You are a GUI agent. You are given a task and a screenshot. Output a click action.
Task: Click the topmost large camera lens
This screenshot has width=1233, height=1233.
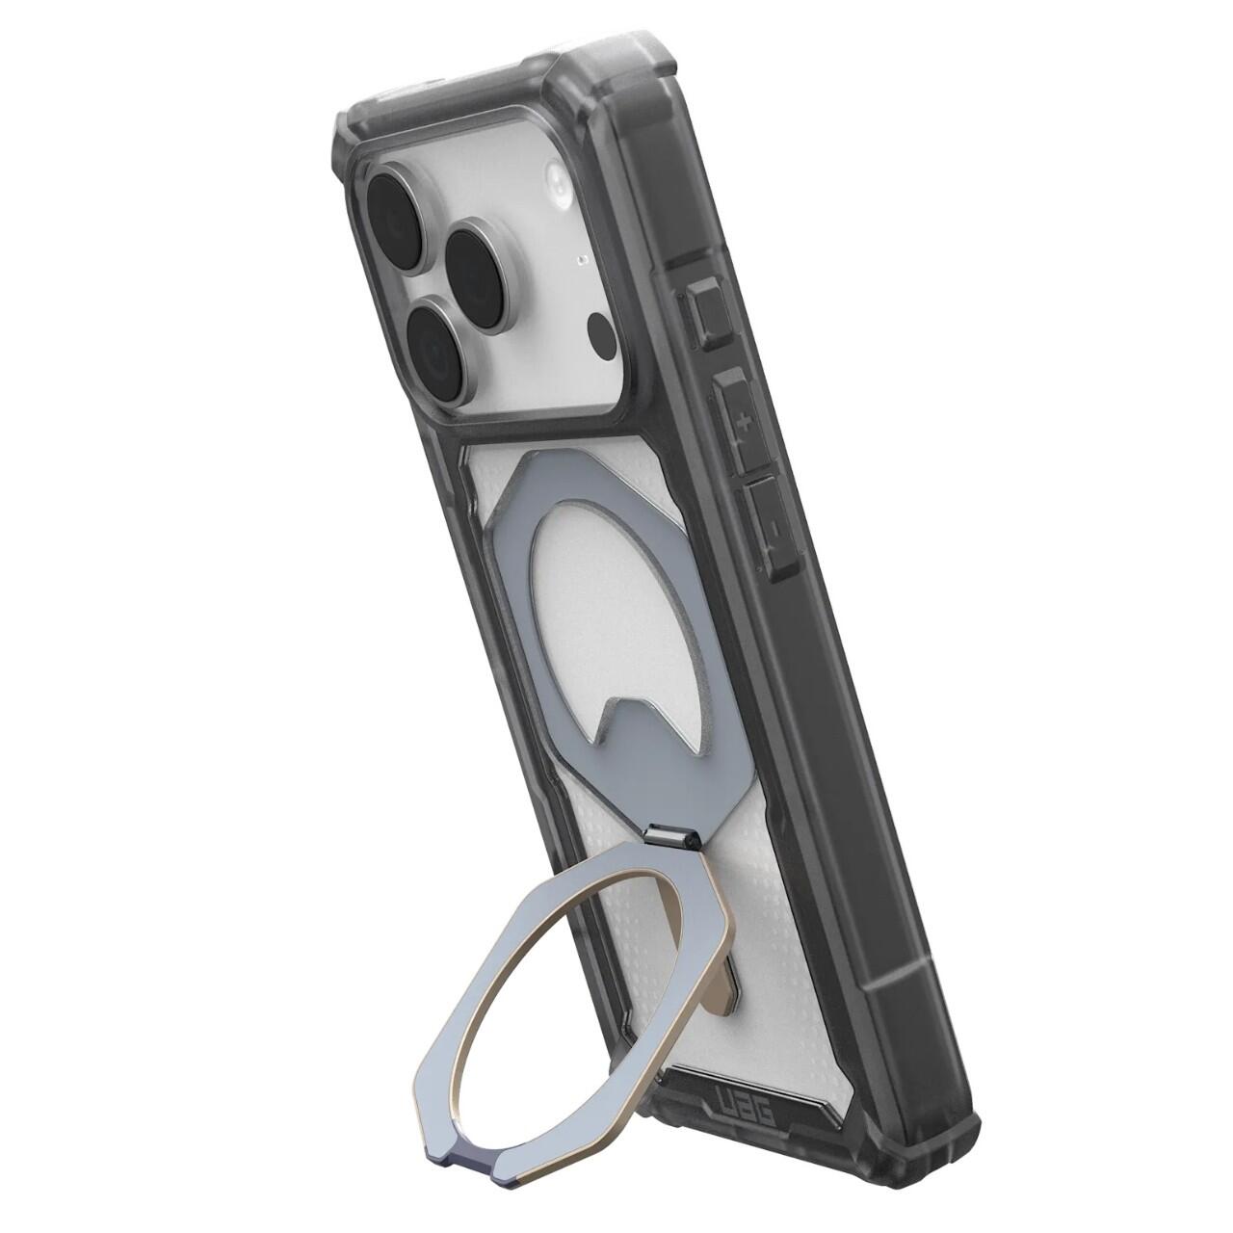(396, 205)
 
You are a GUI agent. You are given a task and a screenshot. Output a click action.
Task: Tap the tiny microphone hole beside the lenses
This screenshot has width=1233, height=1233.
(581, 260)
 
